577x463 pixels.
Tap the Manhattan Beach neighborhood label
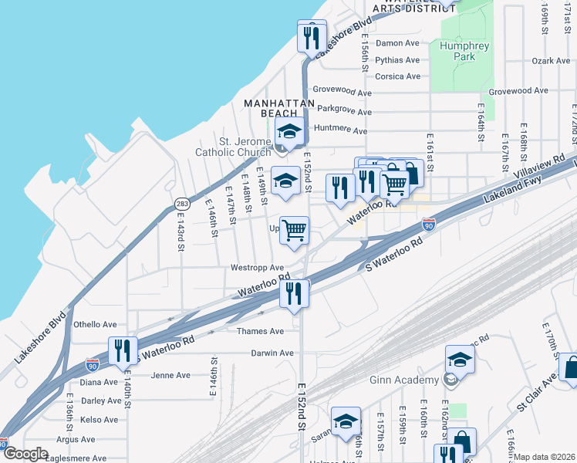tap(279, 108)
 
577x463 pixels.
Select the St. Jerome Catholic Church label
tap(234, 147)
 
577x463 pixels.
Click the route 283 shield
tap(182, 204)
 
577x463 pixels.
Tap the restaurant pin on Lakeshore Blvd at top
tap(310, 36)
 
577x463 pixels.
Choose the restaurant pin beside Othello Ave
tap(123, 350)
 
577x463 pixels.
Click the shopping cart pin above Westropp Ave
tap(294, 229)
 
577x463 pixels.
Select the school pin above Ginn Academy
tap(460, 360)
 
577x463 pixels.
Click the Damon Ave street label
tap(397, 44)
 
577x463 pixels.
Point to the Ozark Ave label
tap(550, 60)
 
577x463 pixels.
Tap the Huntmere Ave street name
tap(340, 131)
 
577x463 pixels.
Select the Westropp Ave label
tap(257, 268)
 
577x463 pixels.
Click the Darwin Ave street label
tap(272, 353)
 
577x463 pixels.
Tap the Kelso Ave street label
tap(99, 420)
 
